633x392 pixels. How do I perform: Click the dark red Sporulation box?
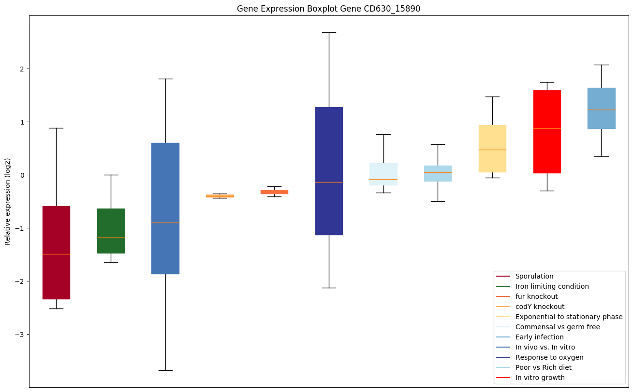tap(56, 252)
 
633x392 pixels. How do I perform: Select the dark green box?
tap(111, 231)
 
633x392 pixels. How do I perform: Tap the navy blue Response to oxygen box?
tap(329, 171)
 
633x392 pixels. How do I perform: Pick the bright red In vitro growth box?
tap(547, 131)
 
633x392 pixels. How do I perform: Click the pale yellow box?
tap(492, 149)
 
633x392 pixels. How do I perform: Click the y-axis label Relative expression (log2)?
tap(8, 201)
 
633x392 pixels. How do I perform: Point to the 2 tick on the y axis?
tap(22, 69)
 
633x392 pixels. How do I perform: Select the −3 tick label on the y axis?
tap(20, 335)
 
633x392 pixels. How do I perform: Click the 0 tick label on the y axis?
tap(22, 175)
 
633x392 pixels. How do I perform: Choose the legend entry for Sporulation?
tap(534, 276)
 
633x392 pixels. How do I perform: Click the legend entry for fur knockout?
tap(536, 296)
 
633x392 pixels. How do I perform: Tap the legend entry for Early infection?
tap(539, 337)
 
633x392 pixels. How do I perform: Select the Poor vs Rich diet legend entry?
tap(543, 367)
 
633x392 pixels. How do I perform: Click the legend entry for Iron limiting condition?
tap(552, 286)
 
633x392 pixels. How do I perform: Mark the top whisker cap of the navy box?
tap(329, 32)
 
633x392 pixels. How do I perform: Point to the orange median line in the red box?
tap(547, 128)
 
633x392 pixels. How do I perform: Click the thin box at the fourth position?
tap(220, 196)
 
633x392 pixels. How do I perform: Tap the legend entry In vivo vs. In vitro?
tap(545, 347)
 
